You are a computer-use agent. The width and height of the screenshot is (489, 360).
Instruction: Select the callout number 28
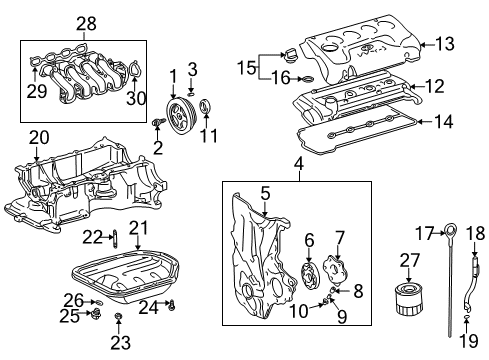(86, 23)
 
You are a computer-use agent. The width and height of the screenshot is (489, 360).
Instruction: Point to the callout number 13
(444, 42)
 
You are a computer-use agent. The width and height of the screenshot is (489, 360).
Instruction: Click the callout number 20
(37, 138)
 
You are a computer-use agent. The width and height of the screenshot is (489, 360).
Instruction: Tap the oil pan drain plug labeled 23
(119, 320)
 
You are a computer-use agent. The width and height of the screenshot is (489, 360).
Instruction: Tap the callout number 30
(137, 96)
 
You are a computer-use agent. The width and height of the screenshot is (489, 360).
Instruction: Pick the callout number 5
(265, 193)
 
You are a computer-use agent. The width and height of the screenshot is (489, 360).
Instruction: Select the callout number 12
(434, 87)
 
